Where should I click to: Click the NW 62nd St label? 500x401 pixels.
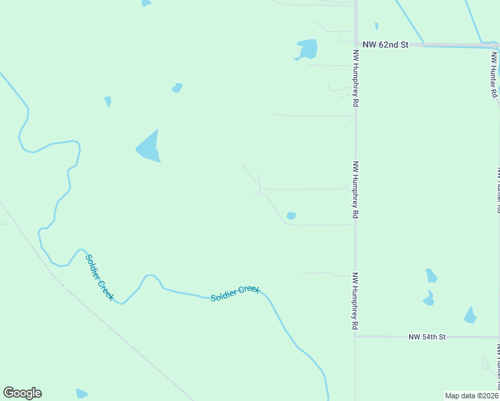[385, 45]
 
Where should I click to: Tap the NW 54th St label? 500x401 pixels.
[426, 337]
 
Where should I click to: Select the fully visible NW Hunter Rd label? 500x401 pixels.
[494, 75]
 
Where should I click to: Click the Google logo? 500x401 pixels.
[22, 393]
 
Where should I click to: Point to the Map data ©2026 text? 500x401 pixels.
[471, 396]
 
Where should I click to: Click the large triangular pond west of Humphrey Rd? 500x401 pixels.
[150, 148]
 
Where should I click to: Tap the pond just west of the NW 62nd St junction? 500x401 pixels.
[307, 49]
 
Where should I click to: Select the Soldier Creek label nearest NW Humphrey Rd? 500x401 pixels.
[235, 293]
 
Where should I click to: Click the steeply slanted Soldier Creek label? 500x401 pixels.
[100, 277]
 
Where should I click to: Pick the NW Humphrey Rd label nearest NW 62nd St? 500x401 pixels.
[356, 79]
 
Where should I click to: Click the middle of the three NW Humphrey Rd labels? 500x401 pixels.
[356, 190]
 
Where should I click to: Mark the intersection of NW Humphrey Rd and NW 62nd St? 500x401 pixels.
[356, 45]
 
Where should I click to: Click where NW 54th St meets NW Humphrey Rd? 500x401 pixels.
[355, 336]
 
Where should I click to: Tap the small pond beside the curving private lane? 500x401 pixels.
[291, 216]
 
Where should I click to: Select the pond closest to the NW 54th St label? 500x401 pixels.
[471, 315]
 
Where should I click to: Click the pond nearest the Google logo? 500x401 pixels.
[82, 394]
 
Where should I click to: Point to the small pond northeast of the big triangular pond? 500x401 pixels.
[177, 88]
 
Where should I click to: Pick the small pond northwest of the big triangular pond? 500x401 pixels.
[108, 102]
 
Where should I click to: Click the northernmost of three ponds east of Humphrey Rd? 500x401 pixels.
[431, 275]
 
